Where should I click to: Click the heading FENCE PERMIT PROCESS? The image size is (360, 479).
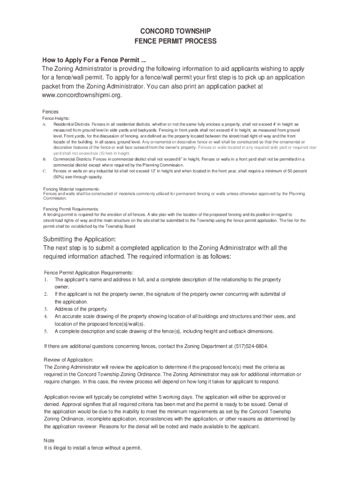coord(175,41)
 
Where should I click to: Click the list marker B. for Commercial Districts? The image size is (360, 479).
coord(44,160)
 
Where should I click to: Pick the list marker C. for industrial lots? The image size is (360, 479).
coord(44,171)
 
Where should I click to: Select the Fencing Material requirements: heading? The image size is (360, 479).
coord(72,189)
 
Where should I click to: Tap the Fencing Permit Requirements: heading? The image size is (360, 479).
coord(71,209)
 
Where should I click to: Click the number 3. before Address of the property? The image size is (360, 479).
coord(46,309)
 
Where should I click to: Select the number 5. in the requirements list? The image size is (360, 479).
coord(46,331)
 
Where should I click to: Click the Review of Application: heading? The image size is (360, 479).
coord(68,360)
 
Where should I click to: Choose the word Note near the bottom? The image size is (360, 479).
coord(49,441)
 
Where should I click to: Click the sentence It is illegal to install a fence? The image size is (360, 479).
coord(92,448)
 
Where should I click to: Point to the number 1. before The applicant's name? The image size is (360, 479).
coord(46,279)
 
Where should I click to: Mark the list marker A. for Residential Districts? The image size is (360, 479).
coord(44,124)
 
